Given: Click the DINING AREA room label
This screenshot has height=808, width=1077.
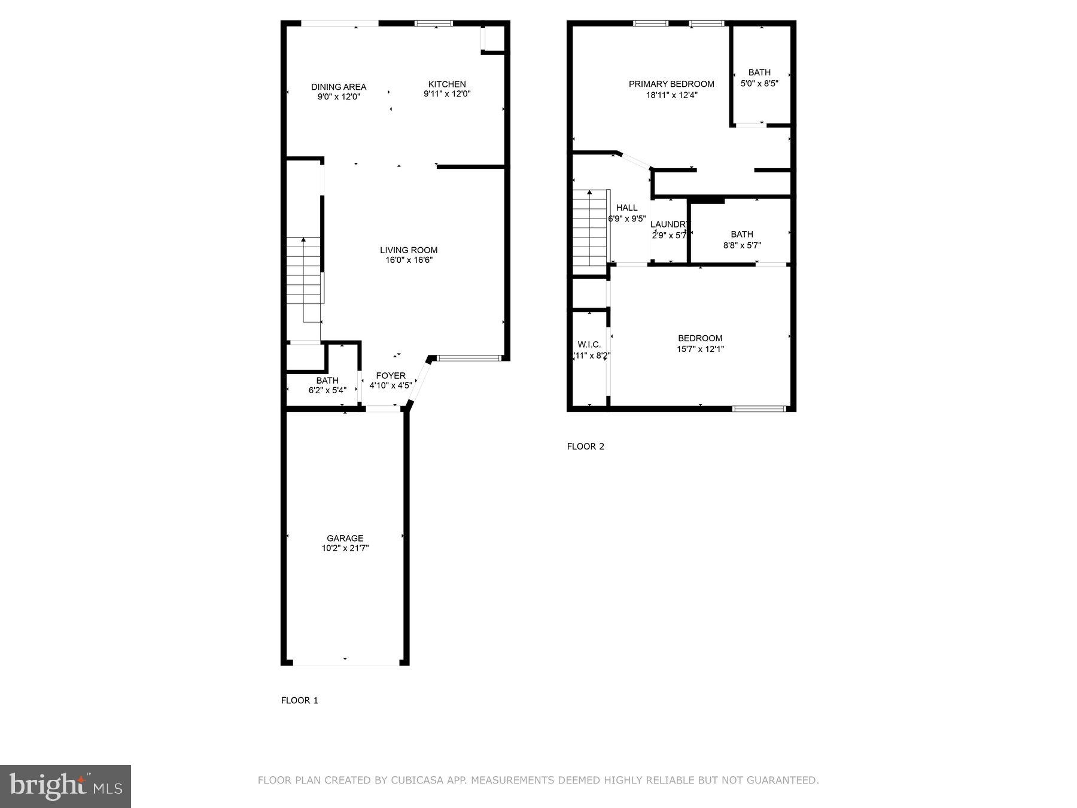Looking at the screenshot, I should pos(339,87).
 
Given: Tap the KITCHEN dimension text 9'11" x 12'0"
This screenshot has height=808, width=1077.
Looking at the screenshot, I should pos(447,94).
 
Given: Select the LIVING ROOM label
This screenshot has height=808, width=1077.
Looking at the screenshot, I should pos(409,250).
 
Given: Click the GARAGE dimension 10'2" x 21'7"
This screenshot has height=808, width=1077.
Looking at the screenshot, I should pos(345,548).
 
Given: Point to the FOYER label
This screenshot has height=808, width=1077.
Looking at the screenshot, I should pos(391,376).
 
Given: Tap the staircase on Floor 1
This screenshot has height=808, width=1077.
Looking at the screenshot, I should pos(304,271).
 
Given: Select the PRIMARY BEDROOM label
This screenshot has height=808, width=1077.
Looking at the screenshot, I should pos(671,84).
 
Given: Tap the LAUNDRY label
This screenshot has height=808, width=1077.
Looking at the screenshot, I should pos(669,224).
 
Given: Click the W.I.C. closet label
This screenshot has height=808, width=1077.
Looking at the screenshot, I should pos(589,345).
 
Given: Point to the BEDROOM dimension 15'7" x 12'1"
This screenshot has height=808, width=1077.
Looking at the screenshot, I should pos(700,349).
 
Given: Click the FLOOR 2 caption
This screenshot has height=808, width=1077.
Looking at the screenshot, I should pos(586,446).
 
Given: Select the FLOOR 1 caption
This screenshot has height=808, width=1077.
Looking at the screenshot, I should pos(300,700).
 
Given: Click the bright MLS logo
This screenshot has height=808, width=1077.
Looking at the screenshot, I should pos(65,786).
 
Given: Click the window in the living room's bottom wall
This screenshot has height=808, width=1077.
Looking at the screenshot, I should pos(468,359).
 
